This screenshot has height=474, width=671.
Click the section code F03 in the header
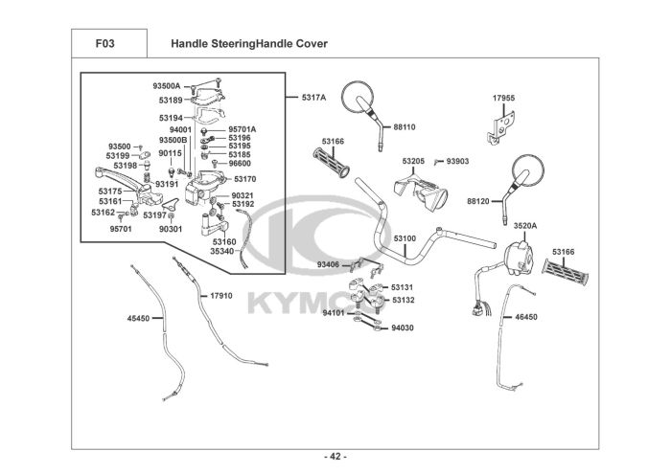(x=106, y=43)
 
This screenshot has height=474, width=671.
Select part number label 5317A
(x=313, y=97)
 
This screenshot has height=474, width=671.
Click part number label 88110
(x=405, y=126)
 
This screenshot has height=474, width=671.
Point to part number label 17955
(x=504, y=98)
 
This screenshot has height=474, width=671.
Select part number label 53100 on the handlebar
(x=405, y=237)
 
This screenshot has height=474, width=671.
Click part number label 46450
(x=526, y=315)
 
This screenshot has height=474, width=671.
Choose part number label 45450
(x=139, y=319)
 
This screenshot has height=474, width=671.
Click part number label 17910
(x=221, y=296)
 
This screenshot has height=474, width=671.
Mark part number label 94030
(x=402, y=327)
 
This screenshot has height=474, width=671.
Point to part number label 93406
(x=329, y=263)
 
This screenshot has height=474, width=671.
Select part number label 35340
(x=222, y=251)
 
